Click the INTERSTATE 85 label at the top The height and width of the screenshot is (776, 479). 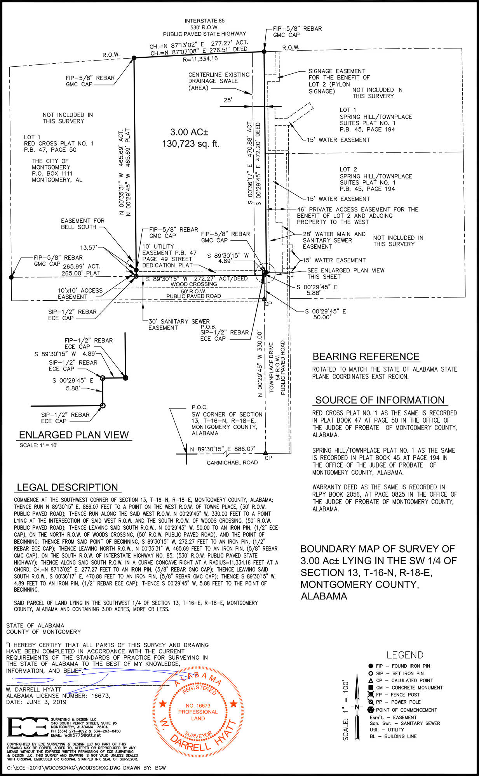coord(204,21)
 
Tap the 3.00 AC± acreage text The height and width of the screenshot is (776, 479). coord(189,132)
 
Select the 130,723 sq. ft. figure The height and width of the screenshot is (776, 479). coord(190,144)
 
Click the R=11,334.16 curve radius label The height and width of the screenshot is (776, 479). coord(200,59)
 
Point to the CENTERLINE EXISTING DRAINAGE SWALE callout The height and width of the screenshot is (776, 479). coord(219,81)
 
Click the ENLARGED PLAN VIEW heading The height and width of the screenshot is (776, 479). coord(74,435)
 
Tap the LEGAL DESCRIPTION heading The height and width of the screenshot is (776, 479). coord(67,487)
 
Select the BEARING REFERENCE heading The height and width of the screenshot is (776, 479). coord(366,357)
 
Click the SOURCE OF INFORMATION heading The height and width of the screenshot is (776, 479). coord(380,400)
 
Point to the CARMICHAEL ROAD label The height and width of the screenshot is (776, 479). coord(232,462)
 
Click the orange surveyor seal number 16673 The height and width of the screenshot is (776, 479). coord(198,706)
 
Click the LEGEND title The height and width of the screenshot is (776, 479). coord(405,655)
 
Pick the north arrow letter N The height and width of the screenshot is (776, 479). coord(357,707)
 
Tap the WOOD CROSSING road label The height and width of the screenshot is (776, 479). coord(194,284)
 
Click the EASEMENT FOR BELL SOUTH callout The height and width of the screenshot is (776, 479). coord(82,224)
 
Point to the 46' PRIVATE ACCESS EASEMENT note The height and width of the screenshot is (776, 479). coord(357,216)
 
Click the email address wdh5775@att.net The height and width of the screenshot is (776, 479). coord(76,735)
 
